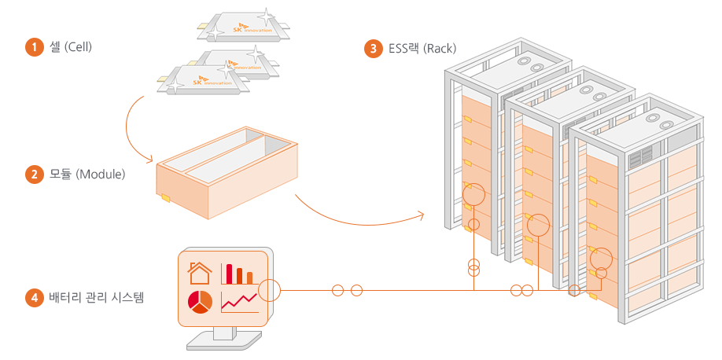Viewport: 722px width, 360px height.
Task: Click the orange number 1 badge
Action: point(34,47)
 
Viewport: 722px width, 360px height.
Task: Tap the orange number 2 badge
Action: point(34,174)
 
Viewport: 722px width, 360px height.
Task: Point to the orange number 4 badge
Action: point(34,298)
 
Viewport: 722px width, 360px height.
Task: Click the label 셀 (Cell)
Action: point(71,47)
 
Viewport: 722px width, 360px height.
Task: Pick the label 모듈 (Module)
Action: point(87,174)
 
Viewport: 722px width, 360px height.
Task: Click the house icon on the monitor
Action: point(200,273)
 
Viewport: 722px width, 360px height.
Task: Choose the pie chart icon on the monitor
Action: point(201,301)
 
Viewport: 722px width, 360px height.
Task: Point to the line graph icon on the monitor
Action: point(240,302)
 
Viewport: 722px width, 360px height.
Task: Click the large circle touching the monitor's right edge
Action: point(269,290)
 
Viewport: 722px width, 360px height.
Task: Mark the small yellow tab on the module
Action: point(166,198)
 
